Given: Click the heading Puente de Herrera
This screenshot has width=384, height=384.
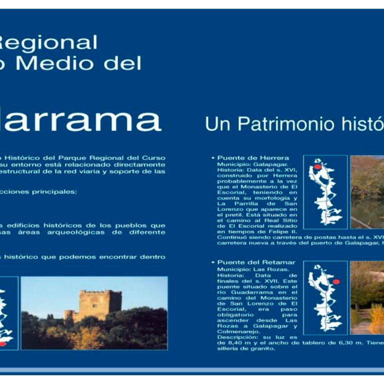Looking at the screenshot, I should tap(253, 158).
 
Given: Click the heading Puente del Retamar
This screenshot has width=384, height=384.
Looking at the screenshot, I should tap(256, 262).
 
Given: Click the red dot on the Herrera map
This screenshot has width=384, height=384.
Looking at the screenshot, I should tap(317, 166).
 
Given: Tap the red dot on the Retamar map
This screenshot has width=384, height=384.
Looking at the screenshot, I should tap(336, 281).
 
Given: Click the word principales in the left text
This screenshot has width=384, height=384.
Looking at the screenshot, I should tap(55, 191).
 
